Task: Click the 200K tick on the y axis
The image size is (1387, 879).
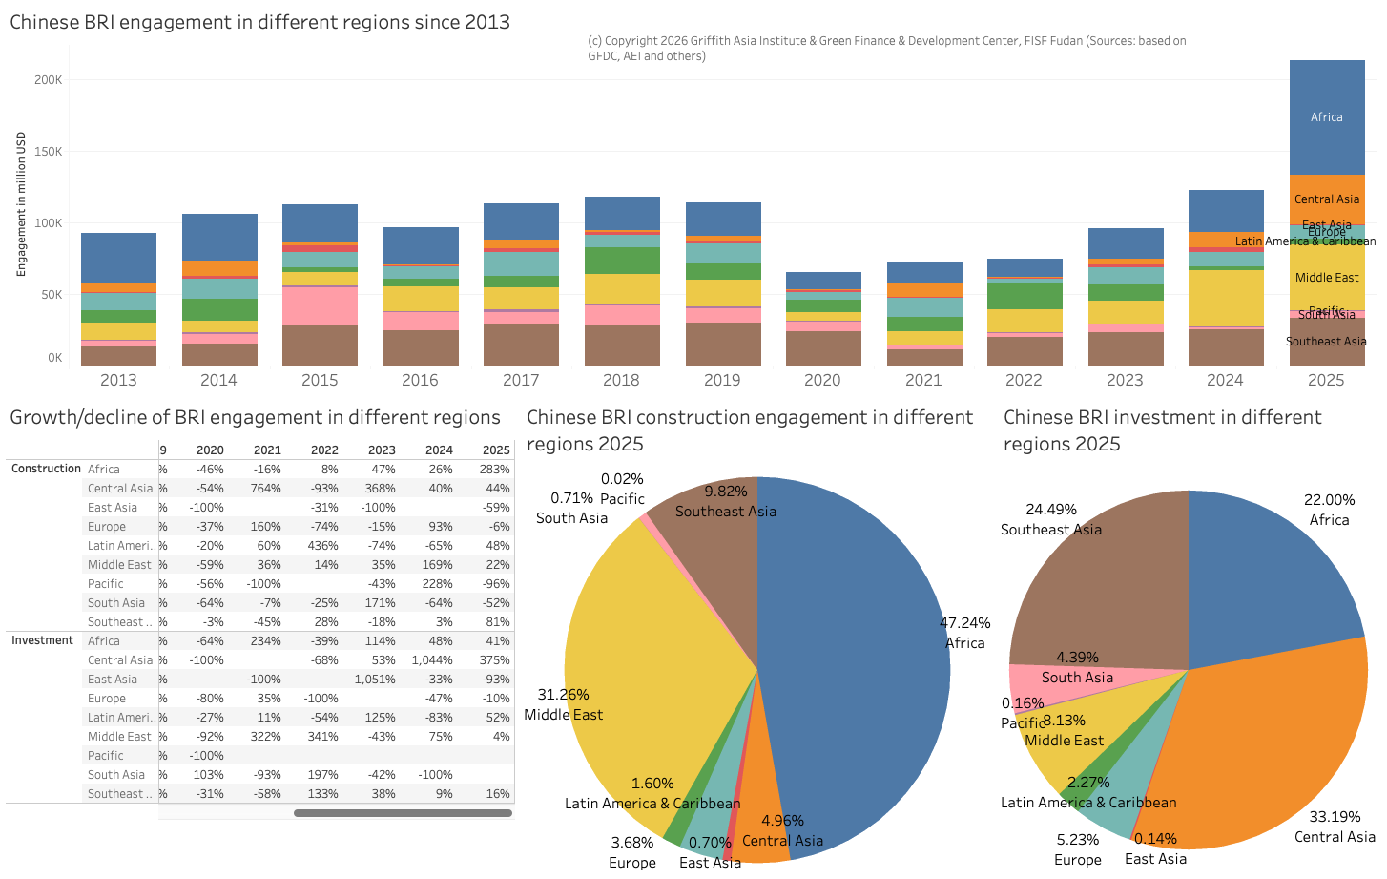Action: [48, 80]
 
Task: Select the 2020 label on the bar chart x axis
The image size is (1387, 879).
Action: [822, 380]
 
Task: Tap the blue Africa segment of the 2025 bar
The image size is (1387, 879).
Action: [1326, 117]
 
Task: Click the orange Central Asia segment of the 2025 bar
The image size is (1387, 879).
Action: [1326, 199]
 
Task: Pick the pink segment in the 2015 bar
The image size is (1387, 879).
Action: [320, 305]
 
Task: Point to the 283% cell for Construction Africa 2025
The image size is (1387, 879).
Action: [495, 470]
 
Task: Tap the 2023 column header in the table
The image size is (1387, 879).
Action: [382, 450]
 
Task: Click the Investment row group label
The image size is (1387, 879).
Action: [42, 640]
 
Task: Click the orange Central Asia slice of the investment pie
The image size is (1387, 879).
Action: [1278, 744]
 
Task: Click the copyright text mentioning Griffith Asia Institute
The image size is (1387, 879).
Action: [886, 48]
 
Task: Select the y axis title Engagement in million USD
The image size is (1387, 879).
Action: [21, 204]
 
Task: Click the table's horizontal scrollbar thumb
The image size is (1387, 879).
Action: [403, 813]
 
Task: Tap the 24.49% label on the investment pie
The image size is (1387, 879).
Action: [1050, 510]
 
